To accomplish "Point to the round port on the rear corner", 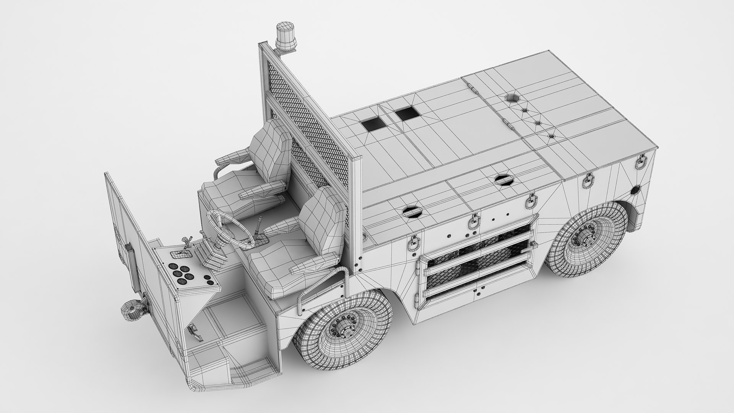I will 636,190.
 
